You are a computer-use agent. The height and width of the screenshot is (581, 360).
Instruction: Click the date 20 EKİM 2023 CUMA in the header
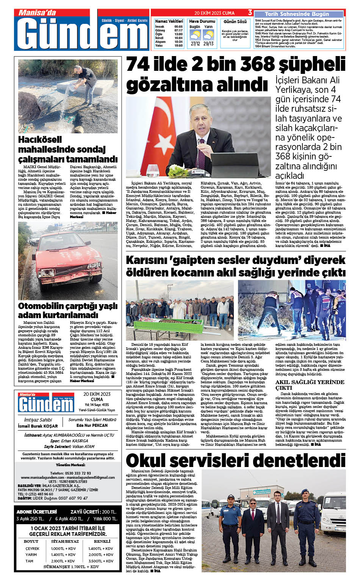click(x=214, y=13)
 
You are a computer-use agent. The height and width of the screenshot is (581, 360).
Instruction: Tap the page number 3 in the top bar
click(x=250, y=12)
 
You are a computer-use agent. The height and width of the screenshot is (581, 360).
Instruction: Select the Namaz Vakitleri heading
click(x=169, y=21)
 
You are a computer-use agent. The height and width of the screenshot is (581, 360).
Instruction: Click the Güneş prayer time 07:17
click(x=178, y=30)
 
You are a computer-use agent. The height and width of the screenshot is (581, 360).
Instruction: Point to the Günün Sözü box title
click(x=235, y=22)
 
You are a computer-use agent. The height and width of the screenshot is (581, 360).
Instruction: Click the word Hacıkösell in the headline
click(x=40, y=139)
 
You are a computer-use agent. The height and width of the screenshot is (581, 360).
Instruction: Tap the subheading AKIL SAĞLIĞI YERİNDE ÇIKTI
click(x=310, y=385)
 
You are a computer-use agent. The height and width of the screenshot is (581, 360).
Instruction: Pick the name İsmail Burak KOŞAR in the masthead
click(x=38, y=426)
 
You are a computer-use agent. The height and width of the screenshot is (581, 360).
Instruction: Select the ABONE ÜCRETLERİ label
click(x=37, y=512)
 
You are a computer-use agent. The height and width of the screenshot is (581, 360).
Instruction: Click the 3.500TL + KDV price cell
click(x=101, y=561)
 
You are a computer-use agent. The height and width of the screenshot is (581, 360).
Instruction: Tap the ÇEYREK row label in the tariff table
click(x=33, y=548)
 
